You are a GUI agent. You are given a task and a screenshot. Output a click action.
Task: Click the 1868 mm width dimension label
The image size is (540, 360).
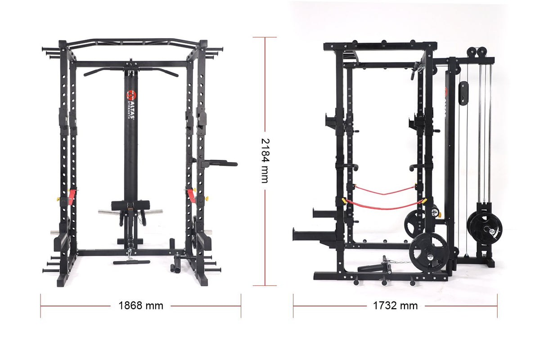pos(141,306)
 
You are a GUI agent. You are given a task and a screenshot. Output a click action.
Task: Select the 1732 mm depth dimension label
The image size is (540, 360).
pos(395,306)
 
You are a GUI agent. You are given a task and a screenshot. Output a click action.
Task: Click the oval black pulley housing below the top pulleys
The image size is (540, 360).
pos(463,93)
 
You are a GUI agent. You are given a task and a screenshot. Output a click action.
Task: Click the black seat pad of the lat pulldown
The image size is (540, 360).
pos(130,205)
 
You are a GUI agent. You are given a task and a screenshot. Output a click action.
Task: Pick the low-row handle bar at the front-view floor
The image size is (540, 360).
pos(131,262)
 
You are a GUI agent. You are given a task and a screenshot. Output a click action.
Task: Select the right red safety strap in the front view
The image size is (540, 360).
pos(192,197)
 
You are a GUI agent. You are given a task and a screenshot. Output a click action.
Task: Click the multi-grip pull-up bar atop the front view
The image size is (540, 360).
pos(133,43)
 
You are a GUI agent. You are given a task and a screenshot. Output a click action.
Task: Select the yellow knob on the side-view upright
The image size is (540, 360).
pos(344,201)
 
